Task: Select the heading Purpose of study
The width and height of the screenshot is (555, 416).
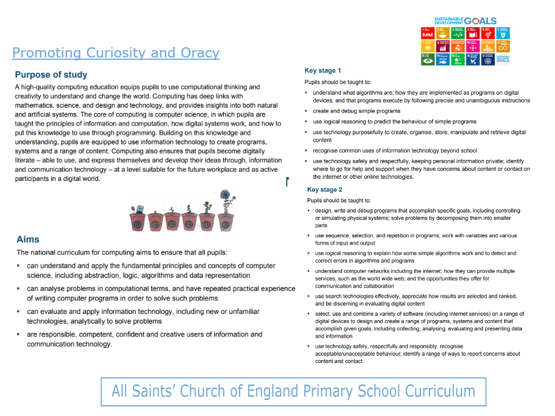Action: [51, 74]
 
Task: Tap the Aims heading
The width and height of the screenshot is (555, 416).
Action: [28, 239]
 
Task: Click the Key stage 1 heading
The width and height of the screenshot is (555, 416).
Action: [323, 70]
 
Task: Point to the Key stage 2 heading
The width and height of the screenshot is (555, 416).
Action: [325, 189]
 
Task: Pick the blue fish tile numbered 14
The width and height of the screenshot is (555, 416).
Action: [443, 59]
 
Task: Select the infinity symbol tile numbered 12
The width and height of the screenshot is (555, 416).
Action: [504, 46]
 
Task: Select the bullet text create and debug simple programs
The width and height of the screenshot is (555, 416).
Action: [357, 111]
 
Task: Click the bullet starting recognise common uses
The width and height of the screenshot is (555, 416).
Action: [394, 151]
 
